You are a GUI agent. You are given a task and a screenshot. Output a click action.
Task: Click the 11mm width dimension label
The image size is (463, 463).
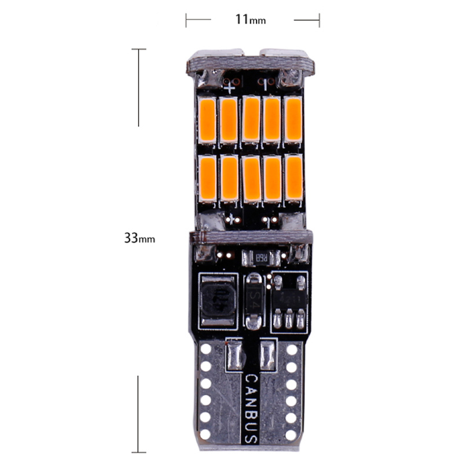click(250, 19)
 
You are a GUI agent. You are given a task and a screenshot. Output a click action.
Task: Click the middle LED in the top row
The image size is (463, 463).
click(251, 119)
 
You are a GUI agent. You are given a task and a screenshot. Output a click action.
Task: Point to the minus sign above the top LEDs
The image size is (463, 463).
click(266, 86)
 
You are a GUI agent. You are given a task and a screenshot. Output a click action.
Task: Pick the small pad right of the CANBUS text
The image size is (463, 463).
click(267, 354)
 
